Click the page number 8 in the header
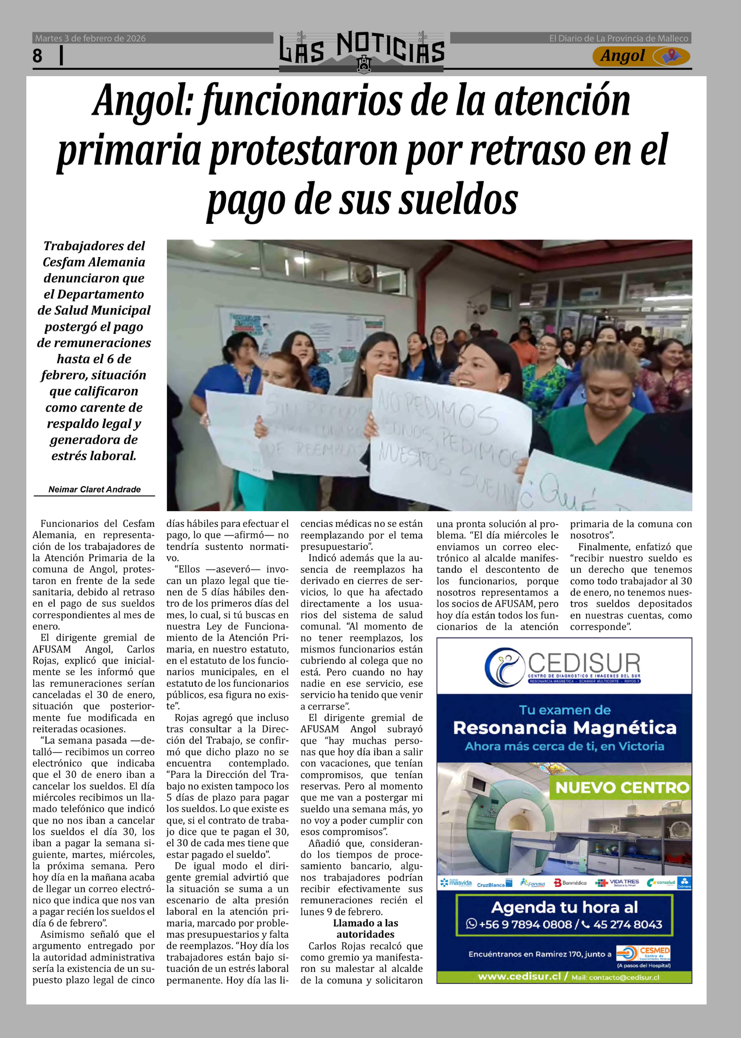pyautogui.click(x=37, y=56)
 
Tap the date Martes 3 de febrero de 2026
pyautogui.click(x=90, y=38)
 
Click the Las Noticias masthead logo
pyautogui.click(x=362, y=51)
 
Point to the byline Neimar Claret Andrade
pyautogui.click(x=94, y=489)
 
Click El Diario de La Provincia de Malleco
pyautogui.click(x=618, y=38)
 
